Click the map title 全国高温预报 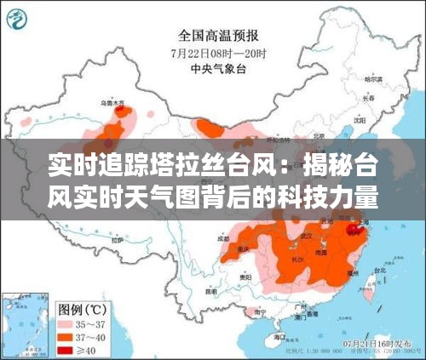click(219, 36)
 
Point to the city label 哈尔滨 click(371, 79)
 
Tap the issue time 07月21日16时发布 click(376, 342)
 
